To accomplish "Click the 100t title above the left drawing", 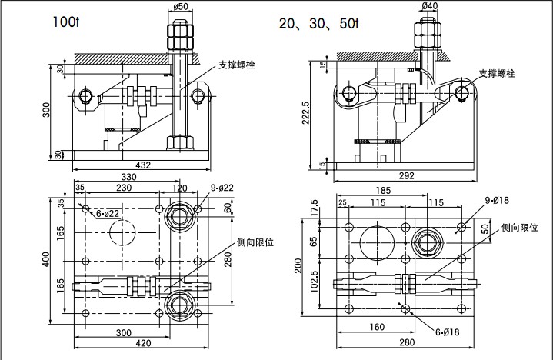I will tap(65, 23).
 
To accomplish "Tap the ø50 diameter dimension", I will tap(182, 7).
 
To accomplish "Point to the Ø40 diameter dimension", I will tap(430, 7).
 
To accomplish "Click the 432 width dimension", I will tap(143, 165).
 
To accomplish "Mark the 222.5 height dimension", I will tap(306, 112).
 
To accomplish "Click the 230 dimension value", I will tap(123, 188).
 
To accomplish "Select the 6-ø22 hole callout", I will tap(108, 214).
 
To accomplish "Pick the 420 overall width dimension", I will tap(143, 343).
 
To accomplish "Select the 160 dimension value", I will tap(377, 327).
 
